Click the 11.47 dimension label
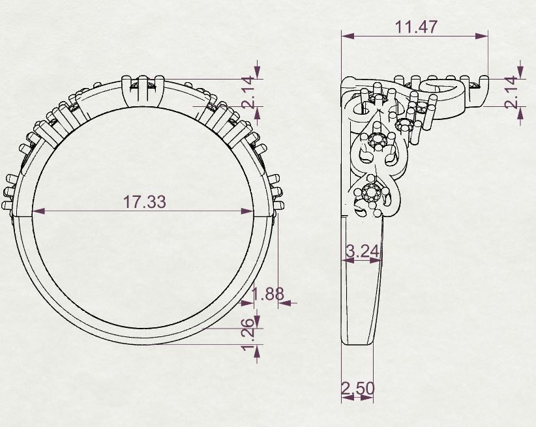coord(415,27)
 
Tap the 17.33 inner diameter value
coord(144,201)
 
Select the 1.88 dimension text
coord(268,294)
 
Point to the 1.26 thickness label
coord(249,337)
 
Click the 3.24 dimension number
coord(363,252)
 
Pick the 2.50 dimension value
coord(358,389)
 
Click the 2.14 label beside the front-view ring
coord(249,93)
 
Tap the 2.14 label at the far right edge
coord(512,93)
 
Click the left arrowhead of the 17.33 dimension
coord(38,211)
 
